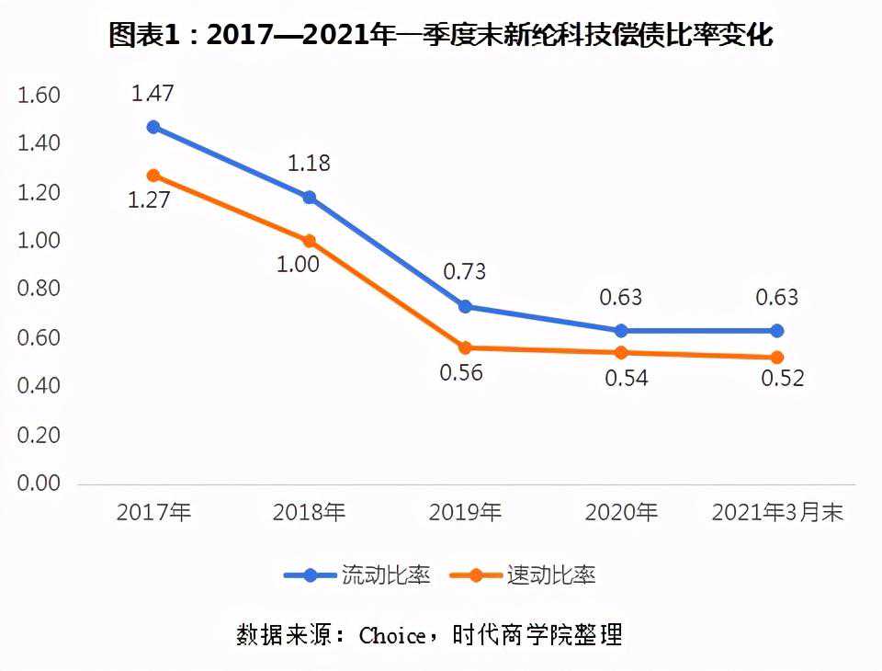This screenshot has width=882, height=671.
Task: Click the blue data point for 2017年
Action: point(153,127)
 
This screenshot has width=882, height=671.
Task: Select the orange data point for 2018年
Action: point(310,241)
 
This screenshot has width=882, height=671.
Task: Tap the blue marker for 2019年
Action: point(465,306)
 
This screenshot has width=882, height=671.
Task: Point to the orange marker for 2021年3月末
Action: point(776,357)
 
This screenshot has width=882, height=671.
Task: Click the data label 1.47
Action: point(153,93)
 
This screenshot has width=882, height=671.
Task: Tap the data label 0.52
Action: point(782,378)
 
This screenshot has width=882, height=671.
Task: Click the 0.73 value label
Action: point(464,272)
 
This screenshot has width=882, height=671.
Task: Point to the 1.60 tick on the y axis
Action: point(39,96)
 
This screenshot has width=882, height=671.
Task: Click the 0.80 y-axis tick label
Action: point(39,290)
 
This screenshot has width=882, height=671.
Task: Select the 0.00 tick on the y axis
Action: point(39,483)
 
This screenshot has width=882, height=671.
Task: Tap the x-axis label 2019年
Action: point(465,513)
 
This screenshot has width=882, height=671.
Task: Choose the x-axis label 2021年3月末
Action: point(777,513)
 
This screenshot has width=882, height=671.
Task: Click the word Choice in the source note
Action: point(392,635)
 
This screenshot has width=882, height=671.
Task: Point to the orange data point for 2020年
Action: point(621,352)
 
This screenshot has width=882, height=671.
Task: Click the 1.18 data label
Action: point(309,164)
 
